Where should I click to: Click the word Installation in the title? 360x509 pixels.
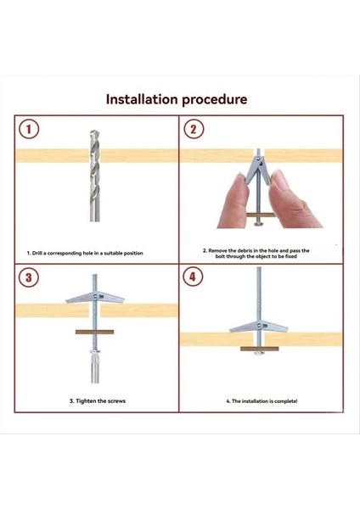(x=142, y=99)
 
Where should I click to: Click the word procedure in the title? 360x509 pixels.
(x=215, y=100)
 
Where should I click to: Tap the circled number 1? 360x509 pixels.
(x=29, y=129)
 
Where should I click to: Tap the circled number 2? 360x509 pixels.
(x=194, y=129)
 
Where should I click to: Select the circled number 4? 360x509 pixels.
(x=193, y=277)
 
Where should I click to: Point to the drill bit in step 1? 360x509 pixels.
(x=94, y=176)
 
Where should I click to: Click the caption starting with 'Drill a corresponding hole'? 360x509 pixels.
(x=85, y=253)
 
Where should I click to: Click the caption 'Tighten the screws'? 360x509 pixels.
(x=98, y=401)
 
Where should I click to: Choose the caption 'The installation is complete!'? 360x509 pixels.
(x=262, y=401)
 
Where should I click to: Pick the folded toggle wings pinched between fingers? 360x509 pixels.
(x=257, y=170)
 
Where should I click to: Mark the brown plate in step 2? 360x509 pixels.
(x=261, y=215)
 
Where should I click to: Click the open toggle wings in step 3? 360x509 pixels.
(x=95, y=297)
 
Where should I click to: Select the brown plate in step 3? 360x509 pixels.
(x=94, y=332)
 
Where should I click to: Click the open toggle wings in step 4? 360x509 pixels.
(x=259, y=326)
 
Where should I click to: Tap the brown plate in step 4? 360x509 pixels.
(x=260, y=349)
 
